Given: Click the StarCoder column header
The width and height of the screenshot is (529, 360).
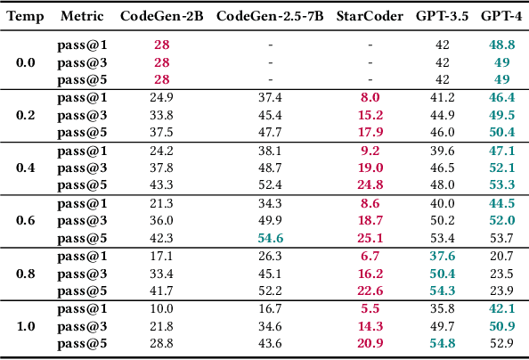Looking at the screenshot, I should (x=370, y=17).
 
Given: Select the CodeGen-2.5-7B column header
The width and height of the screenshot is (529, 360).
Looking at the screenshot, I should (x=270, y=17).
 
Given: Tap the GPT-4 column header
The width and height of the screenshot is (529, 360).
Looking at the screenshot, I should (x=501, y=17).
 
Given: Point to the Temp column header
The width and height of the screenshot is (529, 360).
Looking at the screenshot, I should (x=27, y=17).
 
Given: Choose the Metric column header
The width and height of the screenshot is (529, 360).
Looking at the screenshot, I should (x=81, y=17).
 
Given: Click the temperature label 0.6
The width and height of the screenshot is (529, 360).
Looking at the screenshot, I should (x=27, y=220).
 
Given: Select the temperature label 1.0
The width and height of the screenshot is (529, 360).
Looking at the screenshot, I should (x=27, y=326).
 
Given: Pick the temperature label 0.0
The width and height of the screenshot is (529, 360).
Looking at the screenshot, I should (x=27, y=62).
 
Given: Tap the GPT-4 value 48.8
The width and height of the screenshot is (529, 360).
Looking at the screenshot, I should (x=501, y=45).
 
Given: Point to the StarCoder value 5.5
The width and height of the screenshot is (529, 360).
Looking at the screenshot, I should (x=370, y=309).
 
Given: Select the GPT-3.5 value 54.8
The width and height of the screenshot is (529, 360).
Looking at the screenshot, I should (x=442, y=343).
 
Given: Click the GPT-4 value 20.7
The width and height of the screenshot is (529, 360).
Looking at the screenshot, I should (x=501, y=257).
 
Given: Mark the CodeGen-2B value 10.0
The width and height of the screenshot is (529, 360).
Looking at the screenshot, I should (x=161, y=309).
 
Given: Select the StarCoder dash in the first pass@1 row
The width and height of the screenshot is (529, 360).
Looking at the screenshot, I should (x=370, y=45).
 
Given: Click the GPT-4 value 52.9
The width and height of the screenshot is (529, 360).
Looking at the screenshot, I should (x=501, y=343).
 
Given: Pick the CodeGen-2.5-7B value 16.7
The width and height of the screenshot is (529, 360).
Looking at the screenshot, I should (x=270, y=309).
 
